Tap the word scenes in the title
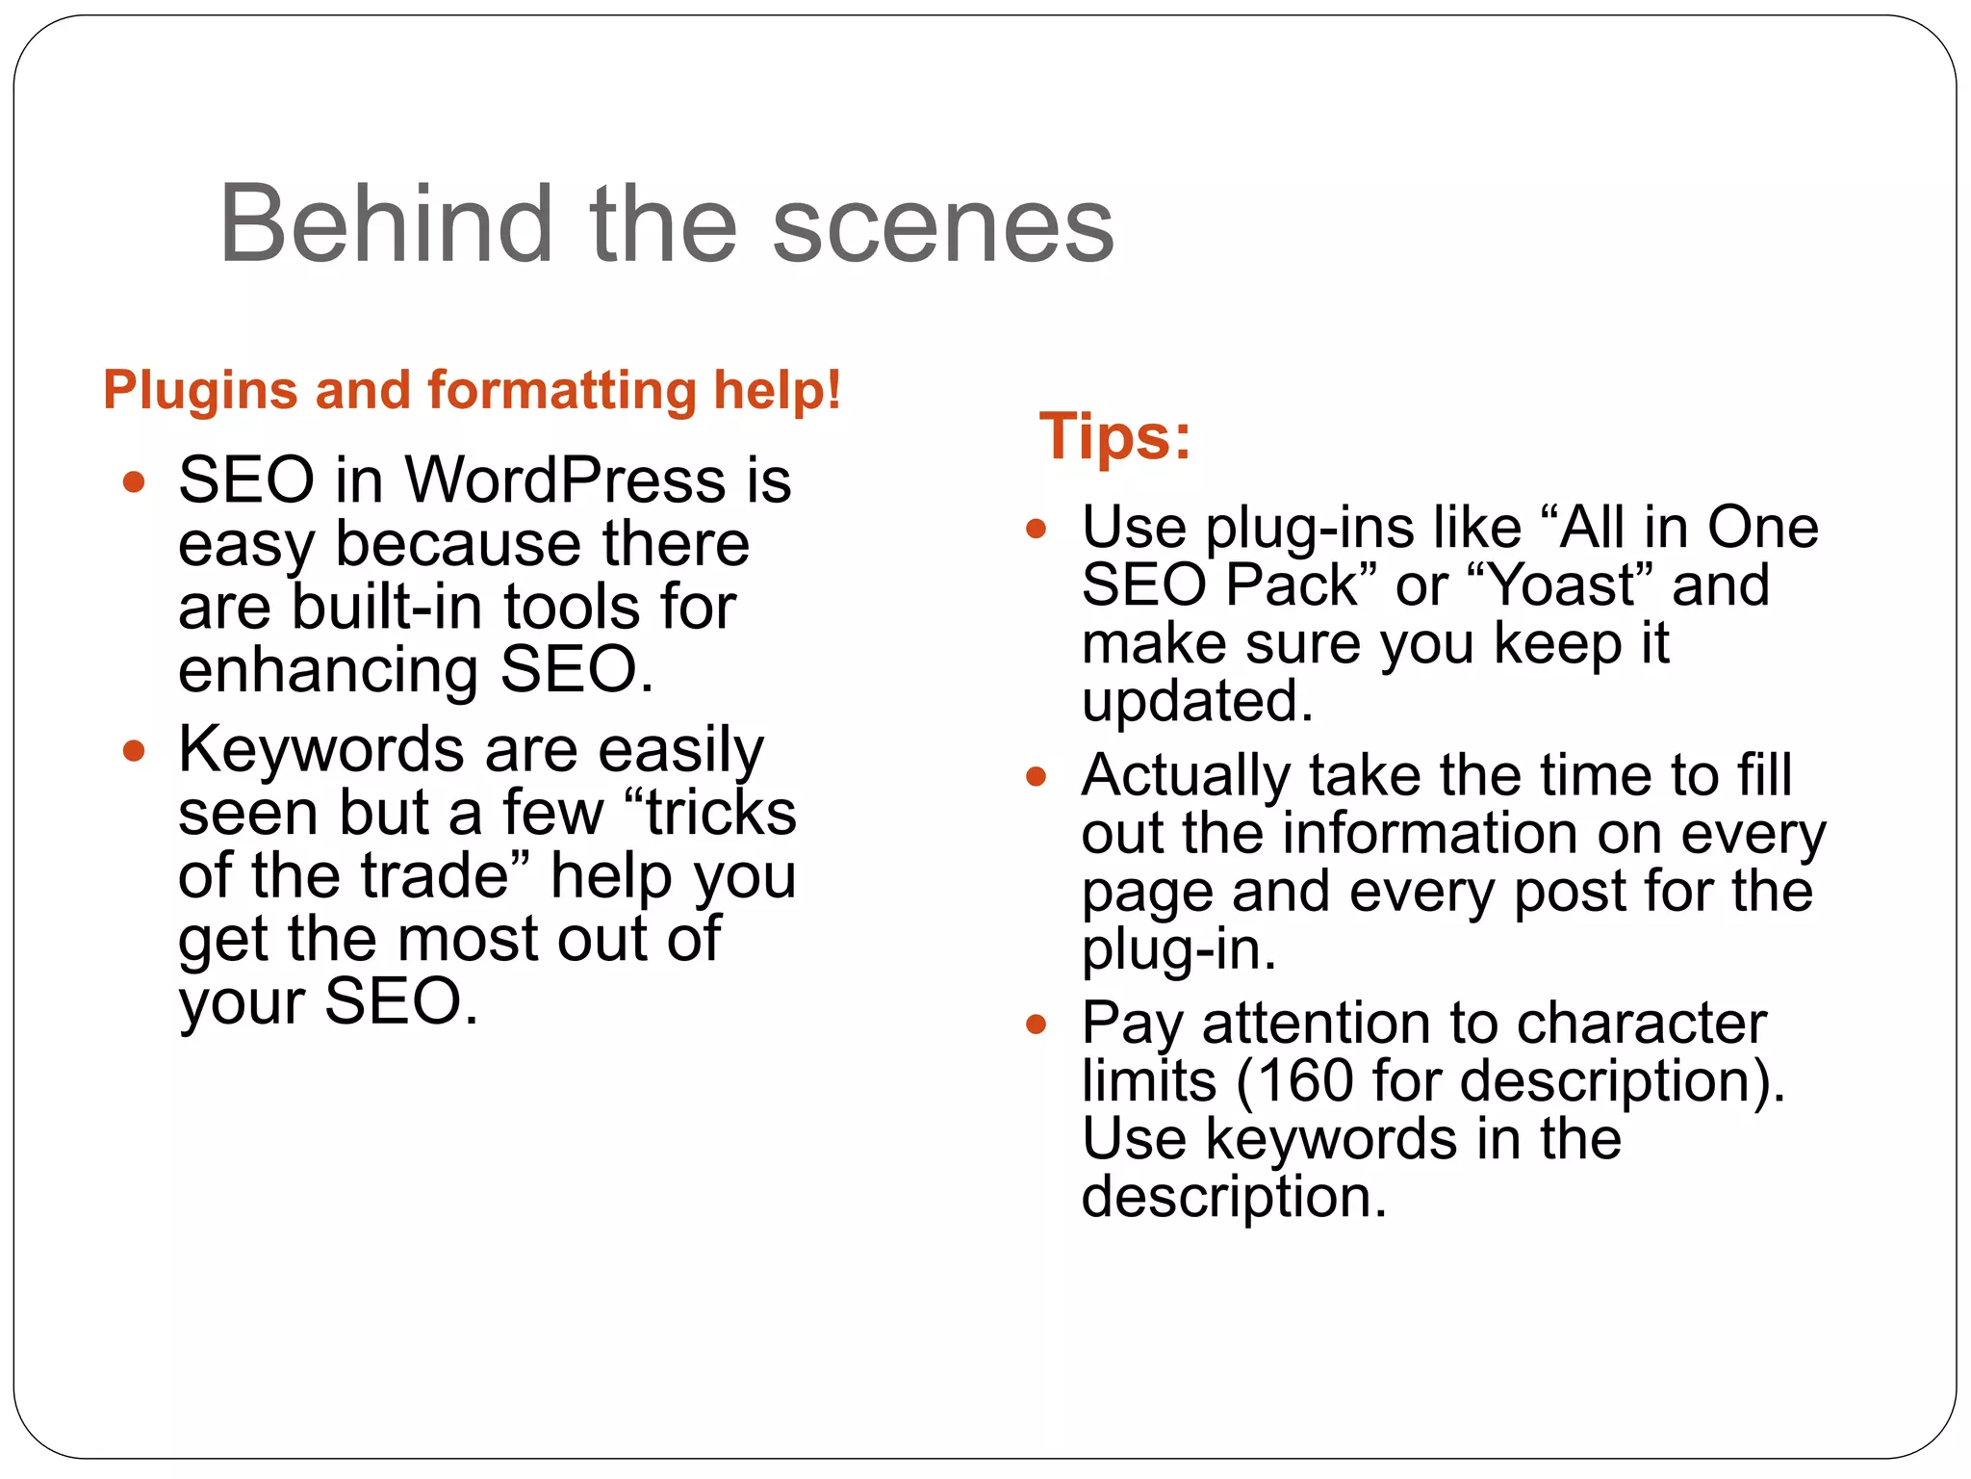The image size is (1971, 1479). tap(942, 227)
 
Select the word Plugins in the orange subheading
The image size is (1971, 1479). tap(200, 392)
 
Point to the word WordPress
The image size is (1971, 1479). tap(565, 480)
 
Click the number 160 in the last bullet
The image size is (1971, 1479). tap(1306, 1080)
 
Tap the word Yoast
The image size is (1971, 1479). tap(1561, 584)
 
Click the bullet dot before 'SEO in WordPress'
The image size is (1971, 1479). tap(134, 481)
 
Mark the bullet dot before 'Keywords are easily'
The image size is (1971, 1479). tap(134, 751)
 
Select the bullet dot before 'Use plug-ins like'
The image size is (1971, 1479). tap(1036, 529)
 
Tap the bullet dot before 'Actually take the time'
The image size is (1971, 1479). tap(1036, 776)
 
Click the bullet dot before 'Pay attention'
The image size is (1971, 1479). tap(1036, 1024)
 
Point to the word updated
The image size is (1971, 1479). tap(1196, 701)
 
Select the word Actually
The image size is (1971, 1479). tap(1185, 775)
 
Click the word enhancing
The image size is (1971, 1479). tap(328, 671)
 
